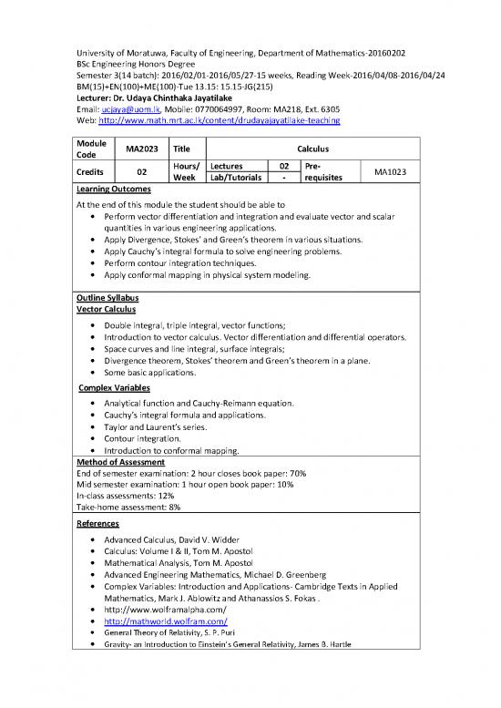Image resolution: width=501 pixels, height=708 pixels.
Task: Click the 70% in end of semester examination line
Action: pyautogui.click(x=293, y=474)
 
